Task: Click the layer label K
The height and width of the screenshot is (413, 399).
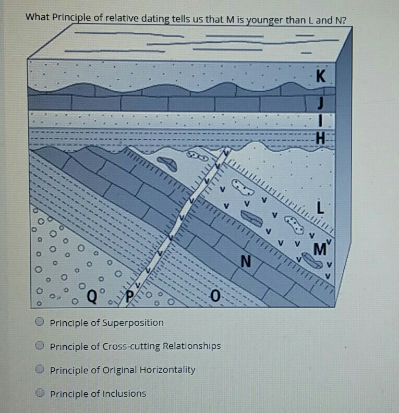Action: click(321, 77)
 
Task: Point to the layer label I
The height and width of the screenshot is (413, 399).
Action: click(321, 121)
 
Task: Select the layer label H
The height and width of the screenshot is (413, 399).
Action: click(321, 138)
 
